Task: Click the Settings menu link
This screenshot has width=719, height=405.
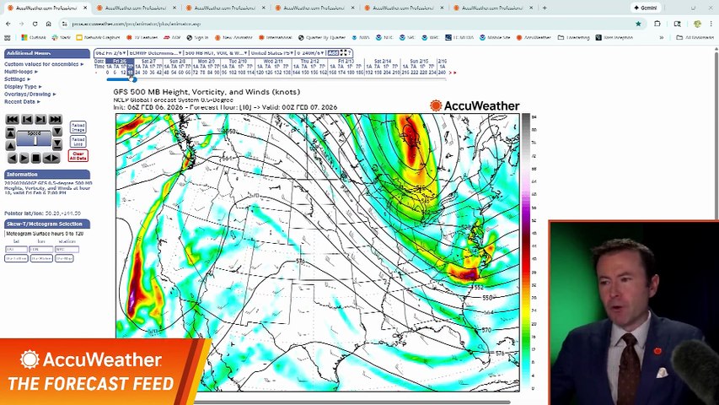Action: pos(15,79)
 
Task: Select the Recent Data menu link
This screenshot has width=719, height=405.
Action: pos(19,101)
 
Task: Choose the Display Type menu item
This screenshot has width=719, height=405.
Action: pos(21,87)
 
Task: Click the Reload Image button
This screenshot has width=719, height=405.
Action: pos(78,127)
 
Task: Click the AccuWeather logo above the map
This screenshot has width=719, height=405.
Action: pos(475,105)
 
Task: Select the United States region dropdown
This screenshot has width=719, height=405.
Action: pos(267,53)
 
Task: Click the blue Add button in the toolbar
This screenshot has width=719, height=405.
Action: pos(334,53)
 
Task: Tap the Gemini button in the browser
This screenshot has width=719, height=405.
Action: pos(646,8)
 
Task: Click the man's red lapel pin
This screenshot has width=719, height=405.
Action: pos(657,351)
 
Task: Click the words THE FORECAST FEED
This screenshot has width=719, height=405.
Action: pos(90,385)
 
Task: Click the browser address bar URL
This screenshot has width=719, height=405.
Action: pos(135,24)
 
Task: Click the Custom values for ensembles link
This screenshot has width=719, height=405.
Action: pos(41,64)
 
